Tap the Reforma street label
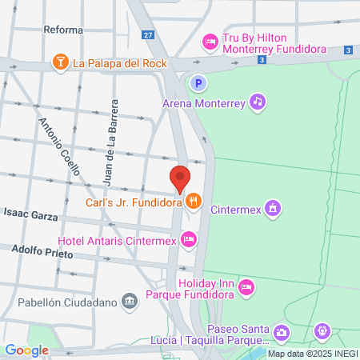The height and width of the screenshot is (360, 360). click(x=64, y=30)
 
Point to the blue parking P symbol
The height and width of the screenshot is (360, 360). click(x=197, y=82)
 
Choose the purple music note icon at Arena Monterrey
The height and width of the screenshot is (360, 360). click(x=257, y=101)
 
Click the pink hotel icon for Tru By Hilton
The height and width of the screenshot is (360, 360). click(x=210, y=41)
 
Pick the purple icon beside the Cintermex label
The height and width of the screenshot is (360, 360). click(x=273, y=209)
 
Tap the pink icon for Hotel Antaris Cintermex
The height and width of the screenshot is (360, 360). click(x=188, y=238)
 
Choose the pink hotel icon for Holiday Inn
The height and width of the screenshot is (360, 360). click(x=246, y=286)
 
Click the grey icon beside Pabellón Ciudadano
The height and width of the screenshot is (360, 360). click(x=127, y=302)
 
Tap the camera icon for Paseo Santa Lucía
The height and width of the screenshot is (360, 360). click(x=281, y=331)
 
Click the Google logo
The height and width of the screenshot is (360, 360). click(x=26, y=350)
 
